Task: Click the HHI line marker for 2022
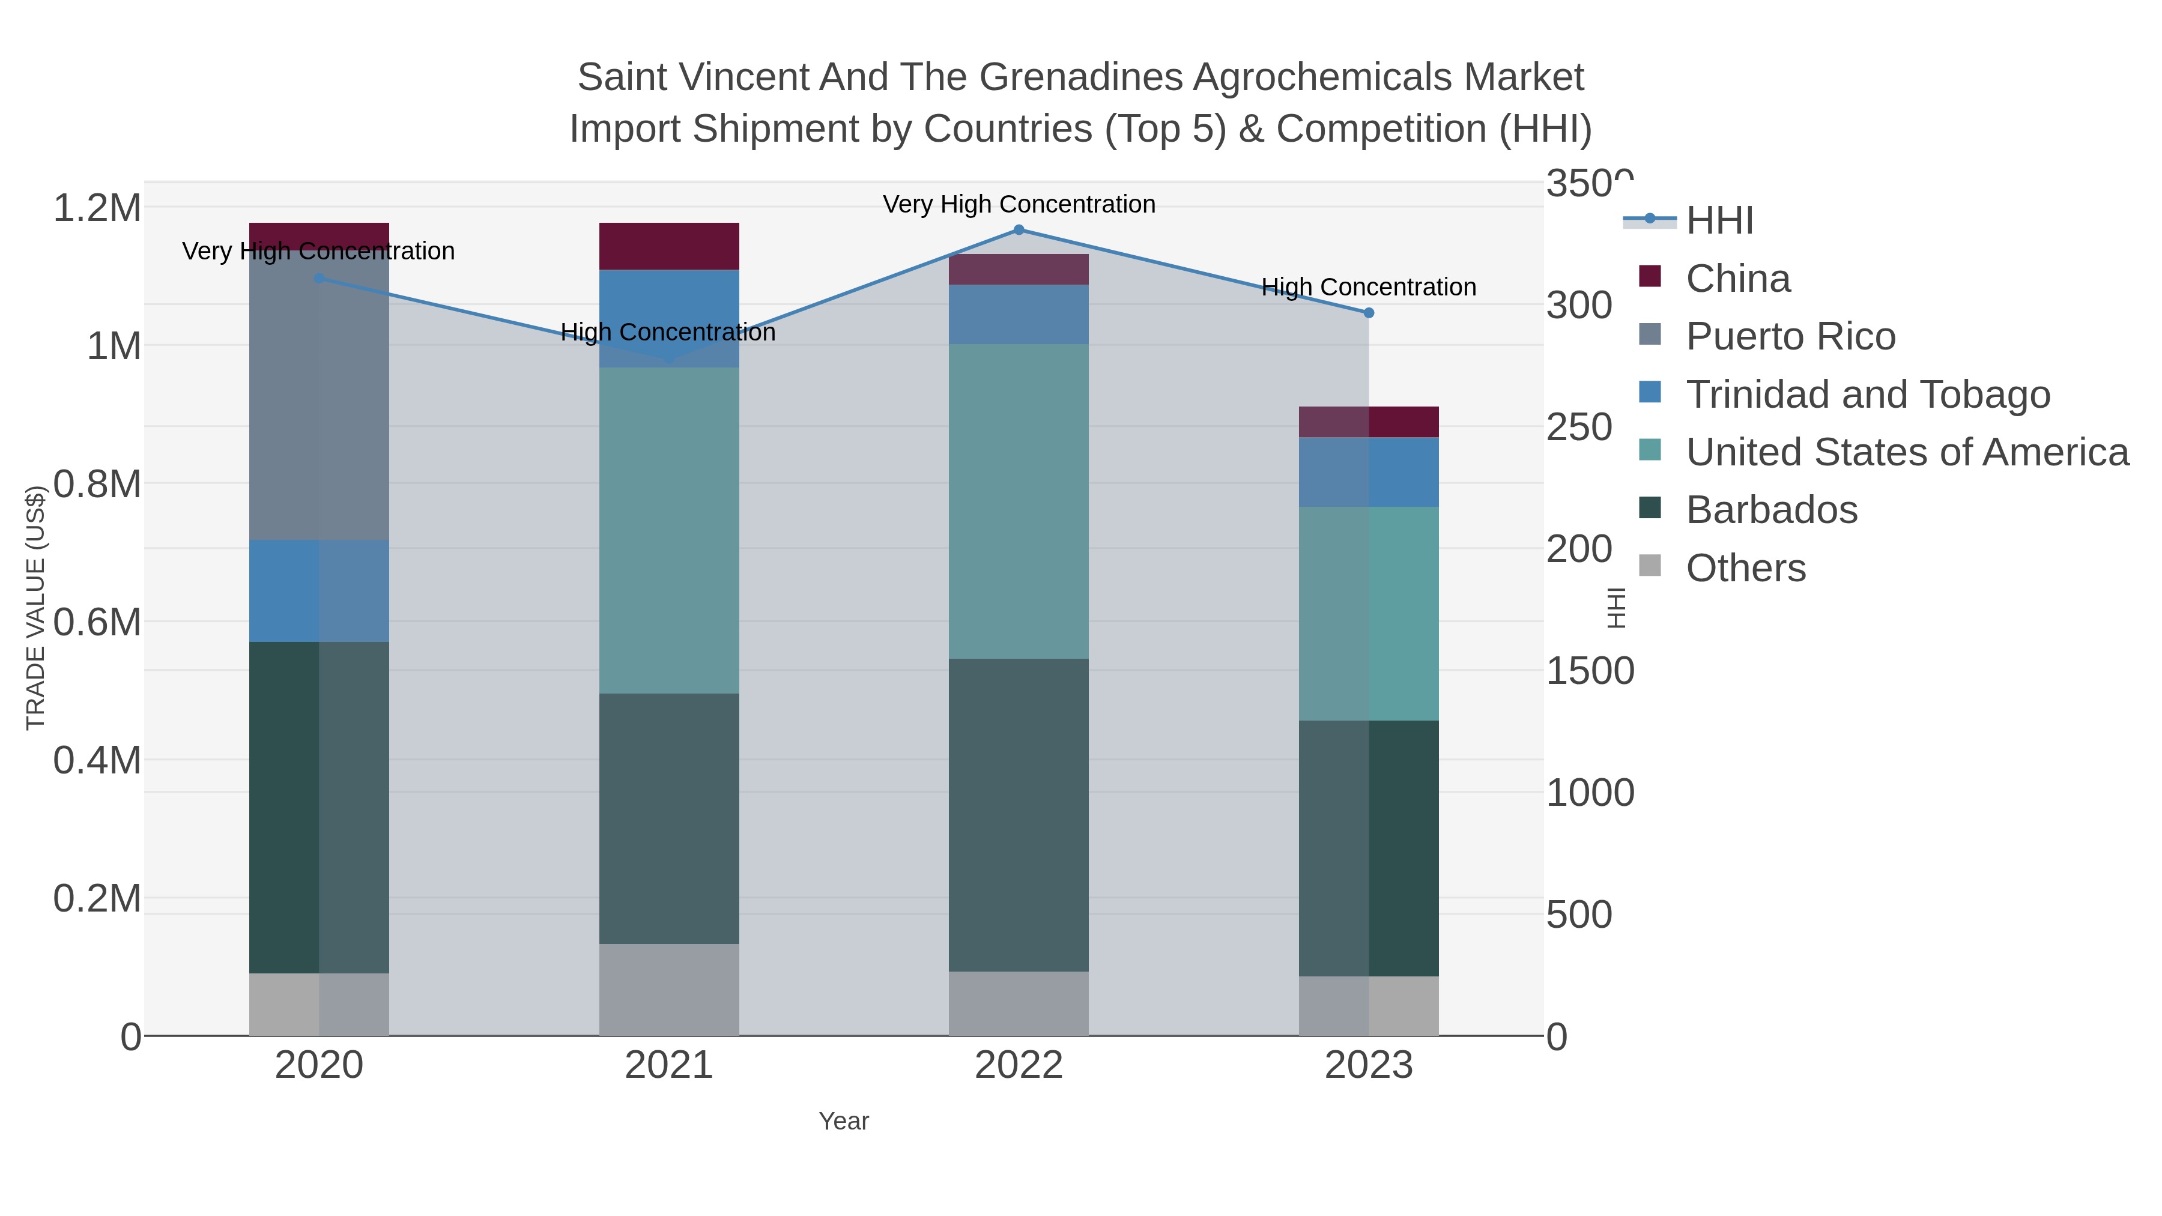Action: (1019, 229)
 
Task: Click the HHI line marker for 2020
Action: (319, 278)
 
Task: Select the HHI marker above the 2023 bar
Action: (1369, 313)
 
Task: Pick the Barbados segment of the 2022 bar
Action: (1019, 814)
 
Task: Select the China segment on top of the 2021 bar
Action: (669, 246)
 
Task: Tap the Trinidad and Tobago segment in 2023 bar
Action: (1369, 471)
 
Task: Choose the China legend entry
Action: (1737, 279)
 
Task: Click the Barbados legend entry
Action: (1771, 509)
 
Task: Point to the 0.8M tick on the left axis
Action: (97, 484)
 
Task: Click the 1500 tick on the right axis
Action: (1590, 671)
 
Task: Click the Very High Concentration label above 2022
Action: (1019, 204)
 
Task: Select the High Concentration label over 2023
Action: (1369, 287)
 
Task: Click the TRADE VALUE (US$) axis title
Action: (35, 608)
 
